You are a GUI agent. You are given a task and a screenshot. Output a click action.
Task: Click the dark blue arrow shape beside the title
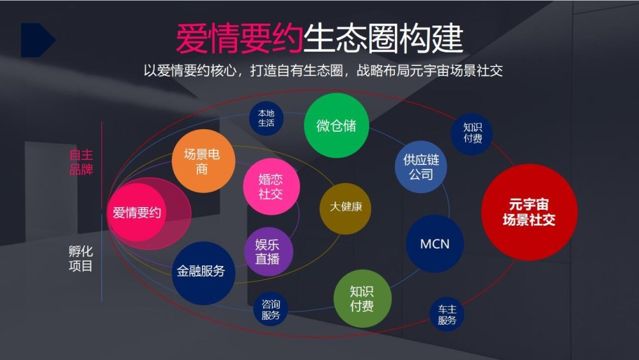[x=37, y=40]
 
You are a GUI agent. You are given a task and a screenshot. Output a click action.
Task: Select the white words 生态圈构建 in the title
[x=382, y=39]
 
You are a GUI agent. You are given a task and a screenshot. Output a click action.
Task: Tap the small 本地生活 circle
[x=266, y=118]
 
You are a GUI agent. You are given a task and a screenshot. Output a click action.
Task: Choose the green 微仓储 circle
[x=336, y=125]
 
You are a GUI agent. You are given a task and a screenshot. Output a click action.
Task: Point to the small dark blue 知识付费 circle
[x=473, y=133]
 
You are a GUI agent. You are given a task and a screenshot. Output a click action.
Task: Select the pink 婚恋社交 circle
[x=270, y=186]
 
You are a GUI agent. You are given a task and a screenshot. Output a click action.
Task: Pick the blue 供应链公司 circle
[x=420, y=166]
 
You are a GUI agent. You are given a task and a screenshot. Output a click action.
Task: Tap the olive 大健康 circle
[x=346, y=208]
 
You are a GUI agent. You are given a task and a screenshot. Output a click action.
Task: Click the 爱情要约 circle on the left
[x=137, y=213]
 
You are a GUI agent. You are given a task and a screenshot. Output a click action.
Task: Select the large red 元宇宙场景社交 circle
[x=528, y=212]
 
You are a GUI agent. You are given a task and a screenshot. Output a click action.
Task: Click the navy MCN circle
[x=435, y=244]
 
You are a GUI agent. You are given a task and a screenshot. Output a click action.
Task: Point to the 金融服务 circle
[x=201, y=272]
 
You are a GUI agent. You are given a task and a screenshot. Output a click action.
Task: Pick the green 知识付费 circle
[x=362, y=299]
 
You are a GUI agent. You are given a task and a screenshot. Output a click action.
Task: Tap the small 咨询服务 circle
[x=270, y=309]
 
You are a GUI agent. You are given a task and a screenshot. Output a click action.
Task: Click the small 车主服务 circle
[x=447, y=315]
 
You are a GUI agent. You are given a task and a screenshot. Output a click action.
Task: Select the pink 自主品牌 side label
[x=81, y=162]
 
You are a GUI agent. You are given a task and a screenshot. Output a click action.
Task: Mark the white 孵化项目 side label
[x=81, y=258]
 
